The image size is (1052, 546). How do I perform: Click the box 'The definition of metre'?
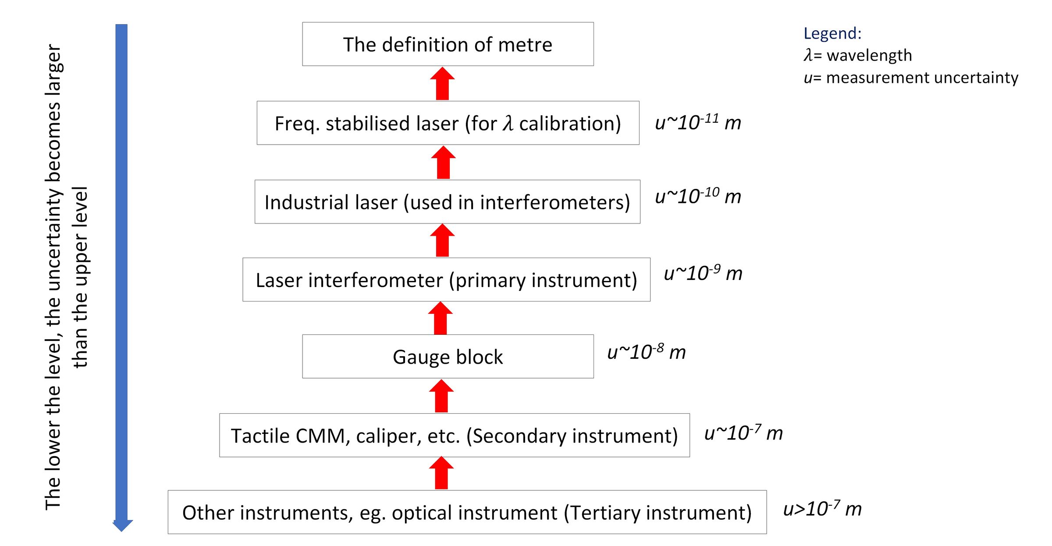(448, 44)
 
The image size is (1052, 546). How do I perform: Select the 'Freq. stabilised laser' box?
(448, 123)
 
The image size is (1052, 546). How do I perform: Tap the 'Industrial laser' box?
(447, 202)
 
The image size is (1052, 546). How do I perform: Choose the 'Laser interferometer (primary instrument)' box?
(446, 280)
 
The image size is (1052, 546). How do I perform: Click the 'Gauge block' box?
(448, 357)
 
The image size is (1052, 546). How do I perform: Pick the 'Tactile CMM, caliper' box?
(454, 436)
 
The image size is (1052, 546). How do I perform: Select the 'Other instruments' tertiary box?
(467, 512)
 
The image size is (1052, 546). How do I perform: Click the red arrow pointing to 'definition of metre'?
(442, 84)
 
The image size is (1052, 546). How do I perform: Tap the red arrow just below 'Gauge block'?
(441, 396)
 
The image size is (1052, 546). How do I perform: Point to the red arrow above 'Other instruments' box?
(441, 473)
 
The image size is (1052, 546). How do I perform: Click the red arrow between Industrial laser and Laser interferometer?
(442, 241)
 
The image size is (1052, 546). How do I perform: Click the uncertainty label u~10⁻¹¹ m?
(698, 122)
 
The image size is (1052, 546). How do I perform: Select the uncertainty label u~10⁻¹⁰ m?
(698, 196)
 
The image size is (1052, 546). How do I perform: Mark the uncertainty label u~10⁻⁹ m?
(703, 273)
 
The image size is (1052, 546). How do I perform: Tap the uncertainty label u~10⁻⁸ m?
(647, 352)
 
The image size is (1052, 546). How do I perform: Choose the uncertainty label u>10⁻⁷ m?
(822, 509)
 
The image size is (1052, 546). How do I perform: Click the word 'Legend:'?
(832, 33)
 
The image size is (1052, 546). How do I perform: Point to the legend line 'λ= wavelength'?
(858, 55)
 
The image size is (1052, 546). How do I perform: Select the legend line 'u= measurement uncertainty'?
(911, 78)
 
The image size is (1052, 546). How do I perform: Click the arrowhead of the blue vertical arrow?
(122, 525)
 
